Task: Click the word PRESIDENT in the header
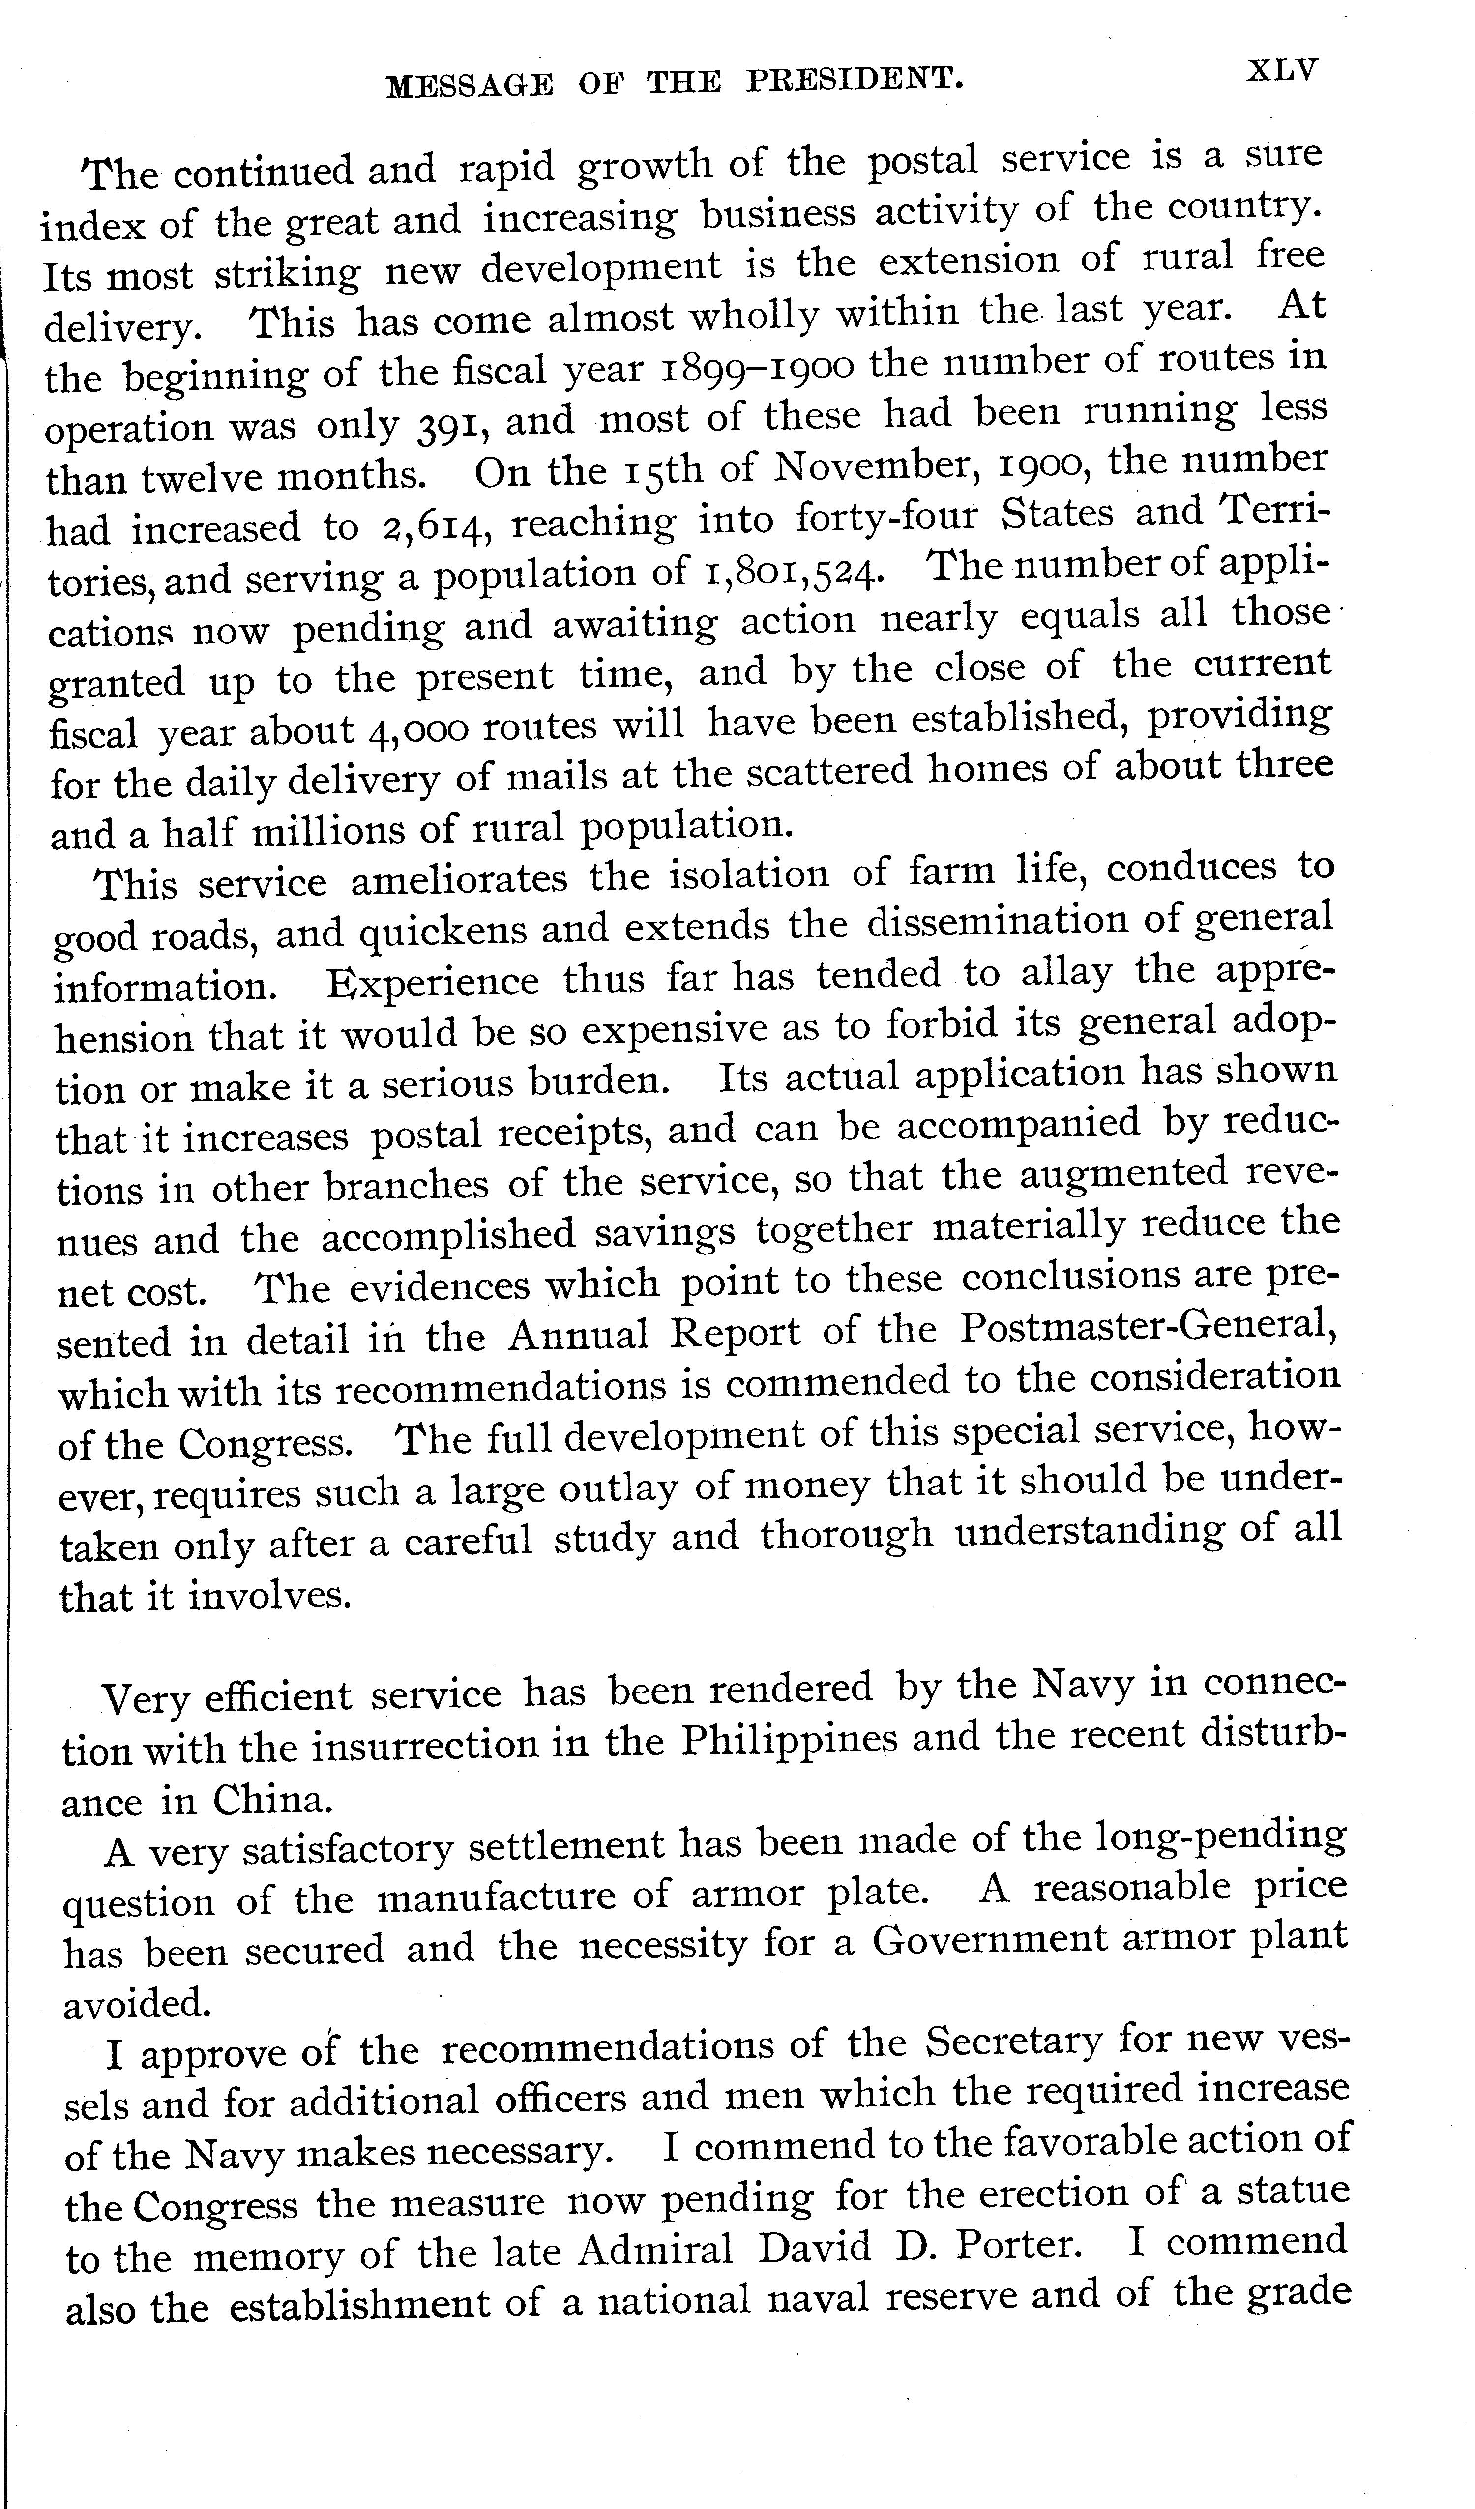tap(855, 80)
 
